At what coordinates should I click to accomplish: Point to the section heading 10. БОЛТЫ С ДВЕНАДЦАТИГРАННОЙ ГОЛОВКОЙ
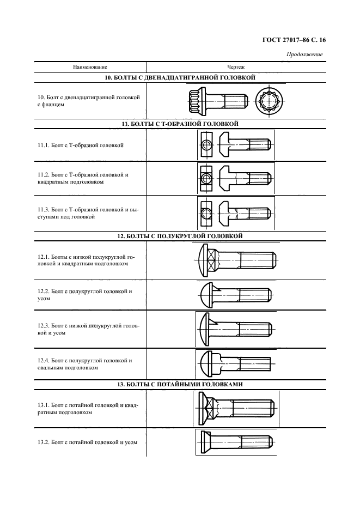180,78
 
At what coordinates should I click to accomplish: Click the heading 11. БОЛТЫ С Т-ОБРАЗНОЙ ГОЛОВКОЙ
180,124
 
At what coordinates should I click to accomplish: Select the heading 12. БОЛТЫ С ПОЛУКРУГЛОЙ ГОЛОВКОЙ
180,236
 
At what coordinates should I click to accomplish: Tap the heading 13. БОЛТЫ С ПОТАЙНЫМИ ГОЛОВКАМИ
180,384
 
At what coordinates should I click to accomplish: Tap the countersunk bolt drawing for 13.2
235,441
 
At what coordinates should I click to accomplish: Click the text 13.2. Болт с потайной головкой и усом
87,442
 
